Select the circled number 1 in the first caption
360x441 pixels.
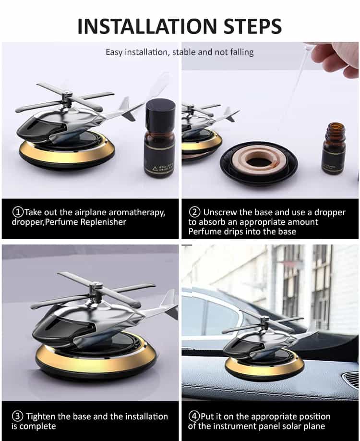18,212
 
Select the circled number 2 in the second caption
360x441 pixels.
194,212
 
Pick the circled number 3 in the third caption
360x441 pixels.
18,416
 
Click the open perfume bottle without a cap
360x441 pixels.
334,149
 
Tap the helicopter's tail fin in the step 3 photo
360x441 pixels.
168,300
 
